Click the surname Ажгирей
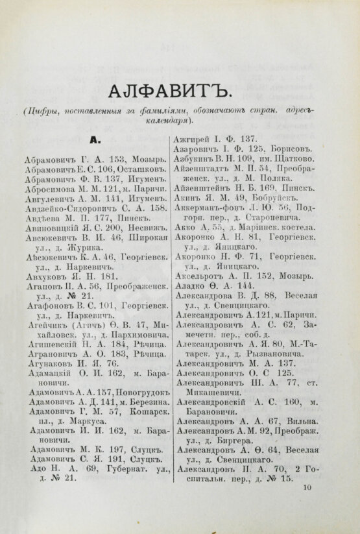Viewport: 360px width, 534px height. pos(191,139)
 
